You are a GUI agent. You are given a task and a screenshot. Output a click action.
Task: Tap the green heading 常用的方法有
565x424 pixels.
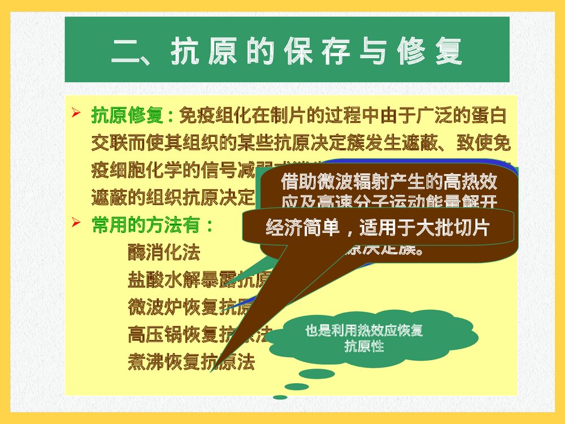coord(152,225)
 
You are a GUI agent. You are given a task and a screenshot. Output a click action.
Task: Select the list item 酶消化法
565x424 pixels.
coord(164,252)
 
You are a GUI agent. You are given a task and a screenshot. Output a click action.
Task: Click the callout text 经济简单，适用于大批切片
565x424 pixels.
coord(377,227)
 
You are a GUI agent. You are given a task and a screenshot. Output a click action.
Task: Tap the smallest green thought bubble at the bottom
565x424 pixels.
coord(280,397)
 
